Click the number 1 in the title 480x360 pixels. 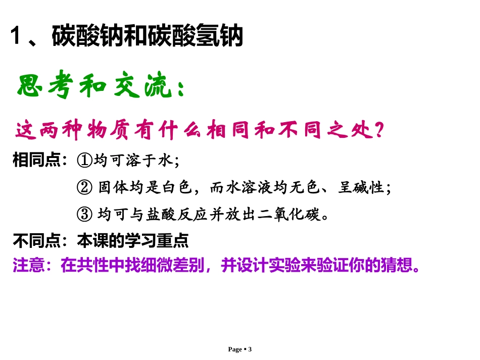pos(19,37)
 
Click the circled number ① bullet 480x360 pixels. pos(84,161)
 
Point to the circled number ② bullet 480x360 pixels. pos(84,188)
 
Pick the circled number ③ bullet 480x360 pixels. pos(84,215)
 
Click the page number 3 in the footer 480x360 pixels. pos(250,349)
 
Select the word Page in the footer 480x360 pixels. pos(235,349)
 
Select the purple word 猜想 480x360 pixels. pos(398,265)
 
